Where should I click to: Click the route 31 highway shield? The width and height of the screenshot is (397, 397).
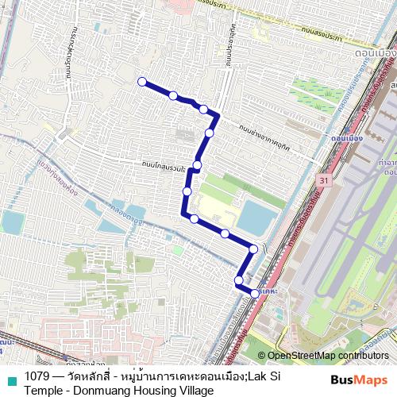pyautogui.click(x=322, y=182)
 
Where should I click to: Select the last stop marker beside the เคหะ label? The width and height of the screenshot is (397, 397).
pyautogui.click(x=255, y=294)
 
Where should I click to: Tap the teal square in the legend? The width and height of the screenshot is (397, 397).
pyautogui.click(x=11, y=380)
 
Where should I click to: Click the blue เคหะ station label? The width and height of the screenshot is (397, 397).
pyautogui.click(x=274, y=291)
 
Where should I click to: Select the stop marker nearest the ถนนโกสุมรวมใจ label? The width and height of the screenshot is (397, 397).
pyautogui.click(x=196, y=165)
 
